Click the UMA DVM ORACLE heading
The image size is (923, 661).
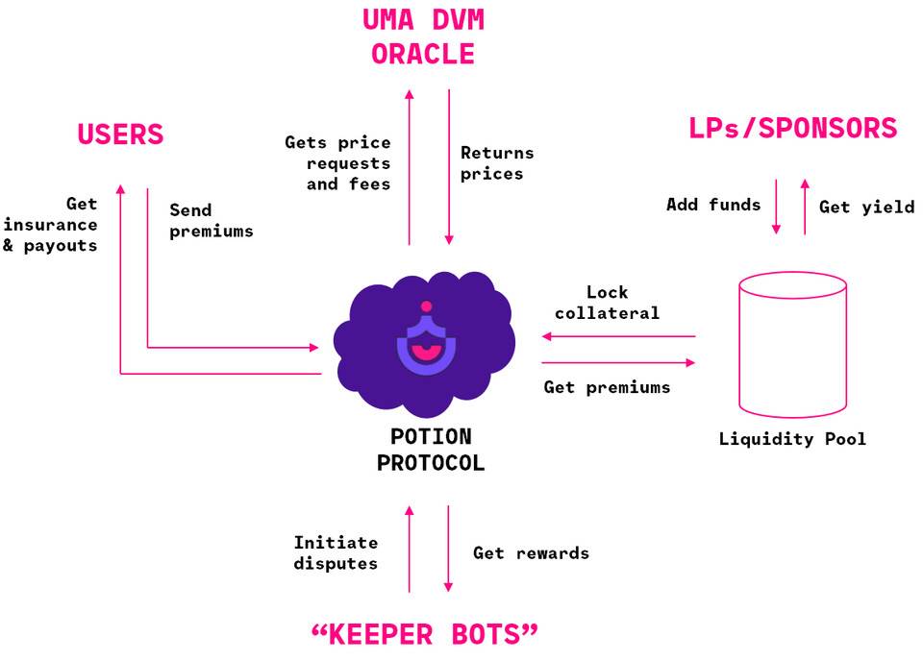423,37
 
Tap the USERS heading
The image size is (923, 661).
121,135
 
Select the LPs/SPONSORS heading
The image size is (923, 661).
793,128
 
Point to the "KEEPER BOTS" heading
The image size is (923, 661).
424,634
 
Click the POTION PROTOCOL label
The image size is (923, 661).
431,450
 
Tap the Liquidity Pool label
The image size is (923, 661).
792,439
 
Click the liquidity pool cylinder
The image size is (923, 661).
792,345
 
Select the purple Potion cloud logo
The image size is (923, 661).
424,344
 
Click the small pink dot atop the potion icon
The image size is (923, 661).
426,306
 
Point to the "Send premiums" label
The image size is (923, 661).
212,221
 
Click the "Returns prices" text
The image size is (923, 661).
497,163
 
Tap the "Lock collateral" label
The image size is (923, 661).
607,303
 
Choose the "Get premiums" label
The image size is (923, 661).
607,387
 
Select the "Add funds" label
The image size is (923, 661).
713,205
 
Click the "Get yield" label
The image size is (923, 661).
866,207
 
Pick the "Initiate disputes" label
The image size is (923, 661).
336,552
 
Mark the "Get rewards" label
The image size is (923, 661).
531,553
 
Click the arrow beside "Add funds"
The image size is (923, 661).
776,207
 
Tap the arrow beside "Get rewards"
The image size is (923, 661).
448,549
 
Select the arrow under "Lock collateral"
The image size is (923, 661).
618,336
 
